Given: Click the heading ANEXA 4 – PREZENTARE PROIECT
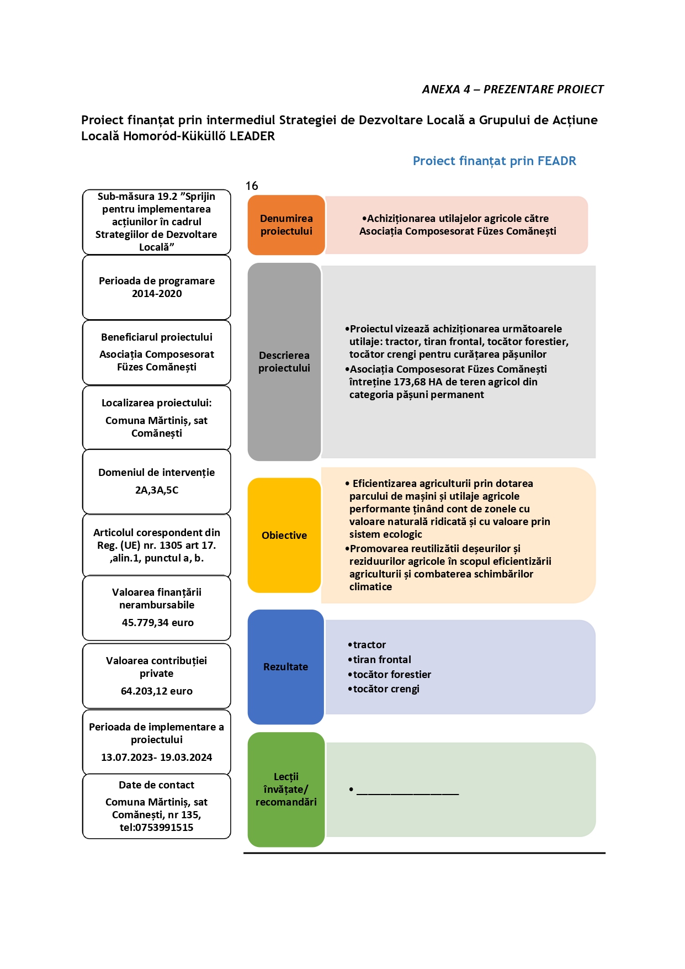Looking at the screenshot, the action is point(513,89).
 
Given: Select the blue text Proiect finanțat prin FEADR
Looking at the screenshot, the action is point(495,161).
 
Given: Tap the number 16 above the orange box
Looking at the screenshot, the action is point(252,186).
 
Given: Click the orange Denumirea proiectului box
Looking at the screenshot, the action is point(286,225).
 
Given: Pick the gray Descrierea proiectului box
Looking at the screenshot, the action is point(284,362).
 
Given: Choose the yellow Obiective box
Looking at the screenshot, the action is point(284,535).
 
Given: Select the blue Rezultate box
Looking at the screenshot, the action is point(285,667).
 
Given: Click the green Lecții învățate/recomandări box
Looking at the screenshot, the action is point(286,790).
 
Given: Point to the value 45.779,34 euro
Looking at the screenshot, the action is point(158,623).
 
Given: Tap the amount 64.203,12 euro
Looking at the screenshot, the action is point(157,691).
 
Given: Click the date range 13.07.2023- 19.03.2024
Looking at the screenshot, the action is point(157,758).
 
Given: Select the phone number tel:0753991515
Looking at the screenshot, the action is point(157,828).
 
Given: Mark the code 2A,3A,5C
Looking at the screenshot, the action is point(157,490).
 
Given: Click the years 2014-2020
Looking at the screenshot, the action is point(157,294).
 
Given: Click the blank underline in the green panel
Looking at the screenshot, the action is point(408,794).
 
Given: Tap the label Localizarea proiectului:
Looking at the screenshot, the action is point(157,403).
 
